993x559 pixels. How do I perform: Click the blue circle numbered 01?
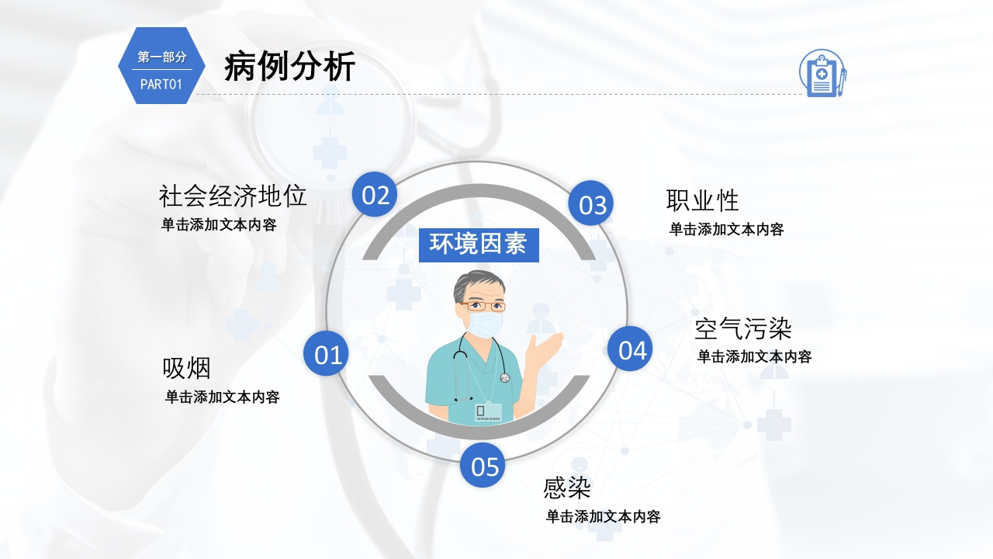pos(326,353)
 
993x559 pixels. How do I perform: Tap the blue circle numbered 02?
pos(375,194)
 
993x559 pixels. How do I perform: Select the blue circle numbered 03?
pos(591,203)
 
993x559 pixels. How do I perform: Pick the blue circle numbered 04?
pos(630,349)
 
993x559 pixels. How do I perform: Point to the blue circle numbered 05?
pos(483,465)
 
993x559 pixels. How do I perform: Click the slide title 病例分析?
pos(289,66)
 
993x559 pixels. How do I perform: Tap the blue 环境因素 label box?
pos(479,245)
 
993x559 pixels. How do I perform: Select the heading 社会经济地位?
pos(233,196)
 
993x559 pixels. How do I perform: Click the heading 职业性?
pos(703,200)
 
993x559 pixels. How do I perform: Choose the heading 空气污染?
pos(743,328)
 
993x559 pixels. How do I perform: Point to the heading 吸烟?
pos(187,368)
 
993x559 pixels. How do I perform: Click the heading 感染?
pos(567,488)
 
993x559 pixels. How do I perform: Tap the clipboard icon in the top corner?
pos(823,73)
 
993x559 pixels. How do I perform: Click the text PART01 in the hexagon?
pos(161,85)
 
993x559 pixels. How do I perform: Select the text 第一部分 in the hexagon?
pos(162,57)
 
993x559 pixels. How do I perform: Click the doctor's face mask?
pos(486,325)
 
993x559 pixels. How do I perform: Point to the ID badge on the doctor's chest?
pos(488,411)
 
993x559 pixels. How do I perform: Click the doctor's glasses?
pos(483,306)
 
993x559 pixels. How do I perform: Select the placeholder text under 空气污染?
pos(755,356)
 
